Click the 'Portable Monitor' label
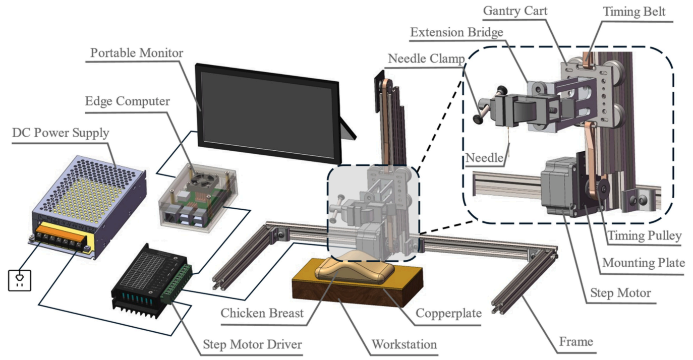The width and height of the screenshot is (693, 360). [137, 53]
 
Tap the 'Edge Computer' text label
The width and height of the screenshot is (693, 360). [128, 101]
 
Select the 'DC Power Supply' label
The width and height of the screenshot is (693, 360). [61, 133]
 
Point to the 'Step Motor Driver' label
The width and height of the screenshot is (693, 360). [252, 344]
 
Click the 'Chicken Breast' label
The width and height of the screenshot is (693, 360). [262, 313]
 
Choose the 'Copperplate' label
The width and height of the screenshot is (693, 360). [448, 313]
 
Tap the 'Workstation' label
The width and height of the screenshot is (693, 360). [405, 344]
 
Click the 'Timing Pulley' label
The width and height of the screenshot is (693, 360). [645, 235]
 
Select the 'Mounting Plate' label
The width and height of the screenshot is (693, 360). [644, 263]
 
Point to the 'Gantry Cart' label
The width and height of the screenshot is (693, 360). [515, 11]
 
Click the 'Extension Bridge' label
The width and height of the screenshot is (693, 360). [456, 32]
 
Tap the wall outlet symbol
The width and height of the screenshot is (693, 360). [20, 280]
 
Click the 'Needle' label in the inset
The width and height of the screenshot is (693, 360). [484, 158]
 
